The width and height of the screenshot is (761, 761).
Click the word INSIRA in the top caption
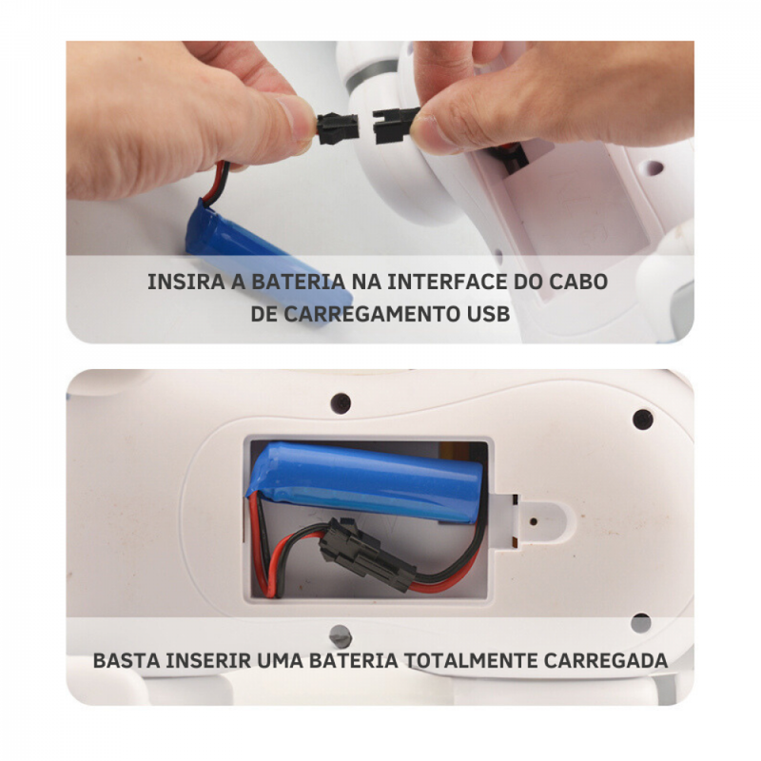[186, 282]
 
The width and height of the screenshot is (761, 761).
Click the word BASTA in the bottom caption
[126, 660]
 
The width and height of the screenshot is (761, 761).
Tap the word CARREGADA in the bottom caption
[606, 660]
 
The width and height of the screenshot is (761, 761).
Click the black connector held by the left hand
[338, 128]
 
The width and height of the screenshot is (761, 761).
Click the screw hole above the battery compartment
[341, 402]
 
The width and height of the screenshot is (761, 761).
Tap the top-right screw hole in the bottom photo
[643, 420]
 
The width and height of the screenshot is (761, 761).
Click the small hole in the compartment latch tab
[534, 521]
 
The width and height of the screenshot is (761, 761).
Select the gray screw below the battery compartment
[341, 635]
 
